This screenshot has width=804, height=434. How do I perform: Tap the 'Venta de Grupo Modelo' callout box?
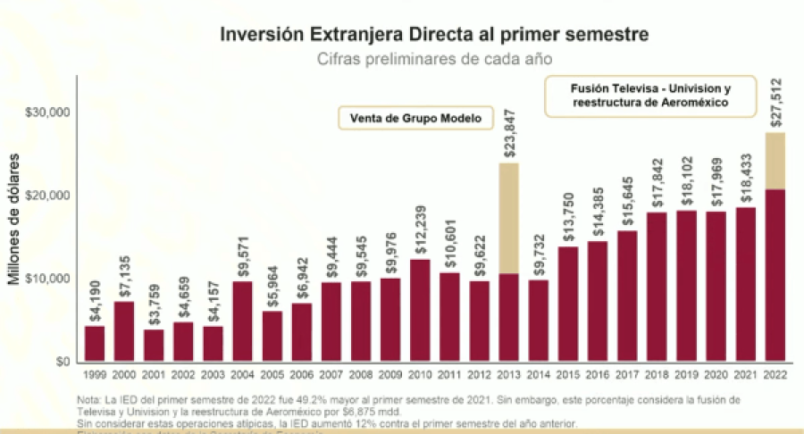(x=415, y=118)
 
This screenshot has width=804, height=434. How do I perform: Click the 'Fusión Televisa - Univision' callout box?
(x=650, y=96)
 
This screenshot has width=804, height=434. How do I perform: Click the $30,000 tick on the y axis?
(x=48, y=113)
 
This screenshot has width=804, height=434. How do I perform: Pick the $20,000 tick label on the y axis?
(x=48, y=196)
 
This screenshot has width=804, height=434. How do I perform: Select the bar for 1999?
(x=95, y=344)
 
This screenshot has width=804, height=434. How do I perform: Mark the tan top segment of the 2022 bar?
(x=775, y=161)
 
